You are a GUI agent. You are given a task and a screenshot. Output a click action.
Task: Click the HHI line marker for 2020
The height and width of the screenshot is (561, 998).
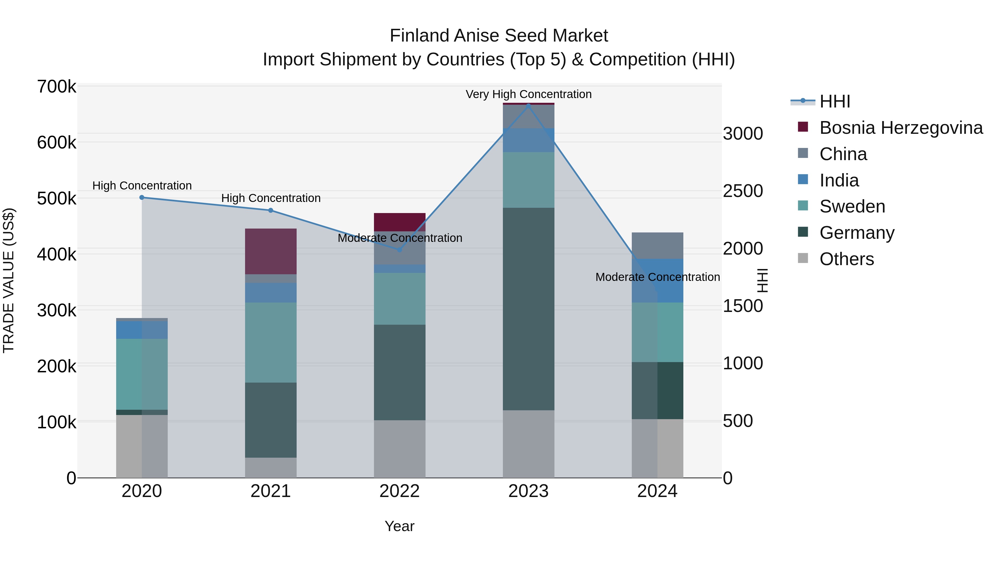pos(142,198)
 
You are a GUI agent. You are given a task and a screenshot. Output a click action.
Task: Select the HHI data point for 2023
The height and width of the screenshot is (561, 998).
pos(528,105)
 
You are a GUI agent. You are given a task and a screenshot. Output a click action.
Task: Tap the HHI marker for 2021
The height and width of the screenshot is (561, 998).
pos(271,210)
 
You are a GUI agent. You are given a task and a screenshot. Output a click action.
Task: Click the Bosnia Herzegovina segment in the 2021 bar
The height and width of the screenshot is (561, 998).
pos(271,251)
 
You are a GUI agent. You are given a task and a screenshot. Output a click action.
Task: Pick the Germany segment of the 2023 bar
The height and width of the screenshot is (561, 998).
pos(528,309)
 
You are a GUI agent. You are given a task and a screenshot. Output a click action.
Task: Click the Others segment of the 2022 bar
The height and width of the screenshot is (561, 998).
pos(399,449)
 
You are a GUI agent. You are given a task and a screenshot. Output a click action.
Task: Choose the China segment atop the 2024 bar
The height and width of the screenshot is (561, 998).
pos(658,245)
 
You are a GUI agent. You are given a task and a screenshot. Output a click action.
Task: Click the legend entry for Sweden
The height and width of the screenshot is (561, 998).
pos(852,206)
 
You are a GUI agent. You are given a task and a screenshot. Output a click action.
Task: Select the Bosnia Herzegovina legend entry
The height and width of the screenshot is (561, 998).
pos(901,128)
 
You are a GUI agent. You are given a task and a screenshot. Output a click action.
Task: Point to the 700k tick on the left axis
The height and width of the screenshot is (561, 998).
pos(57,87)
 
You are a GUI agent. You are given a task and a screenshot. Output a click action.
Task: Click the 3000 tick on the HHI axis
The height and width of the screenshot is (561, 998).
pos(743,134)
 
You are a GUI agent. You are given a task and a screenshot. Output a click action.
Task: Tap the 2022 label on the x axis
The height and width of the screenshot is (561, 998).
pos(399,491)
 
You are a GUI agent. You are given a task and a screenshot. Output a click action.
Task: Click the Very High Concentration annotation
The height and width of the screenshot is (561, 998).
pos(528,94)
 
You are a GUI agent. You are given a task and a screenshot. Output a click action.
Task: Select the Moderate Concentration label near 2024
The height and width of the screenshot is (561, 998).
pos(658,277)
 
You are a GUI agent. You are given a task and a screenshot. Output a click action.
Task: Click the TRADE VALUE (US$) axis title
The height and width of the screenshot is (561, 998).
pos(9,280)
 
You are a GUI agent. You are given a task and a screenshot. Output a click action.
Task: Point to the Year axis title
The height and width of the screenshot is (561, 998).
pos(399,526)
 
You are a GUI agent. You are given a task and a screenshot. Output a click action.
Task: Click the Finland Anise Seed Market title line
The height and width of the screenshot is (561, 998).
pos(499,36)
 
